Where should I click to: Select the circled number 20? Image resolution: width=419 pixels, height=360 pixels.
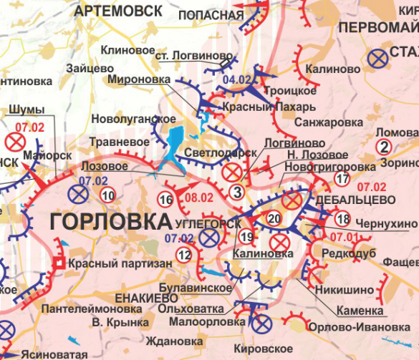(x=274, y=218)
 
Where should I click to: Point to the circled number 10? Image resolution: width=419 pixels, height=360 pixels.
(x=107, y=195)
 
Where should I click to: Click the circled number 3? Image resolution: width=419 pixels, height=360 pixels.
(x=236, y=190)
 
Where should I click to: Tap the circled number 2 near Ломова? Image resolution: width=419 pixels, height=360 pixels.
(x=385, y=148)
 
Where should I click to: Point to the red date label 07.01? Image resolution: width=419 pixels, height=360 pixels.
(x=342, y=235)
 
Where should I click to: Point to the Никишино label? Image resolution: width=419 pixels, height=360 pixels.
(x=348, y=290)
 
